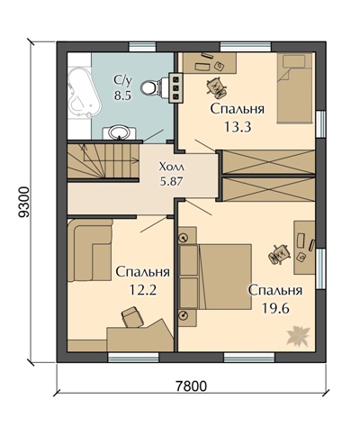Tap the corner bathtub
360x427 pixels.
pos(84,92)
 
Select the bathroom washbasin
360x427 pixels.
pos(119,132)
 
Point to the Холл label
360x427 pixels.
pos(171,166)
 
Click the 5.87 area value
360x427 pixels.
pos(171,180)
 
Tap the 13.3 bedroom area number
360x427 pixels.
pos(238,127)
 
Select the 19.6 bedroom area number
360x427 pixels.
pos(275,308)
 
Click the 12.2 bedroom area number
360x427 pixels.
pos(143,290)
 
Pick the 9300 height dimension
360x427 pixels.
pos(24,202)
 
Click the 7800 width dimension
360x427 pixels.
pos(191,386)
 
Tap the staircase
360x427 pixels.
pos(103,161)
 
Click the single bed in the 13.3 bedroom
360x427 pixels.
pos(294,87)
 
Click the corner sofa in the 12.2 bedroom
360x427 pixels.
pos(90,250)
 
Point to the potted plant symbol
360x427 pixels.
pos(298,335)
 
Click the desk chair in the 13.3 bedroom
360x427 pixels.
pos(216,87)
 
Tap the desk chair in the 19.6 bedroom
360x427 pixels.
pos(279,254)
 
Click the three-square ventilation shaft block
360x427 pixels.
pos(175,88)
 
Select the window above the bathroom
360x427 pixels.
pos(142,47)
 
